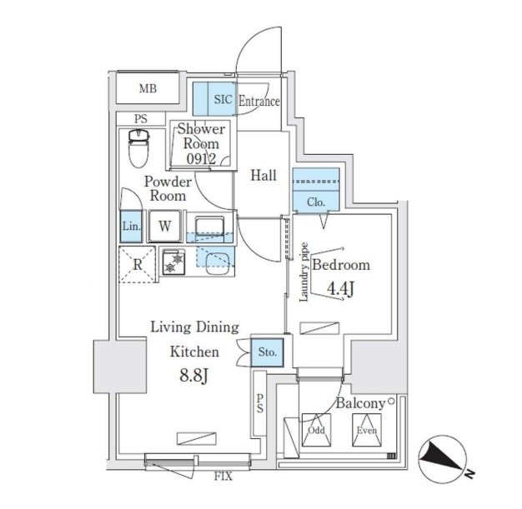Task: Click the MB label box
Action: coord(147,88)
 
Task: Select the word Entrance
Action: coord(259,102)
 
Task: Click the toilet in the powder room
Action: coord(138,148)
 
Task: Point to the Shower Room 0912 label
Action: coord(201,143)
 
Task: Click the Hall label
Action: coord(264,175)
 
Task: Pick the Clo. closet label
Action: coord(315,202)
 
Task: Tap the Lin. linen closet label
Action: coord(131,226)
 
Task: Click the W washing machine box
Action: coord(165,225)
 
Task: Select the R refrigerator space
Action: coord(137,265)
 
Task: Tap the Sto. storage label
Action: coord(268,352)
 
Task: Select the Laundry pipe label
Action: coord(304,272)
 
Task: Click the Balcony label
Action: coord(360,404)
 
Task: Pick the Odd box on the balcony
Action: coord(316,431)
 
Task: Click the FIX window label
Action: coord(223,476)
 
